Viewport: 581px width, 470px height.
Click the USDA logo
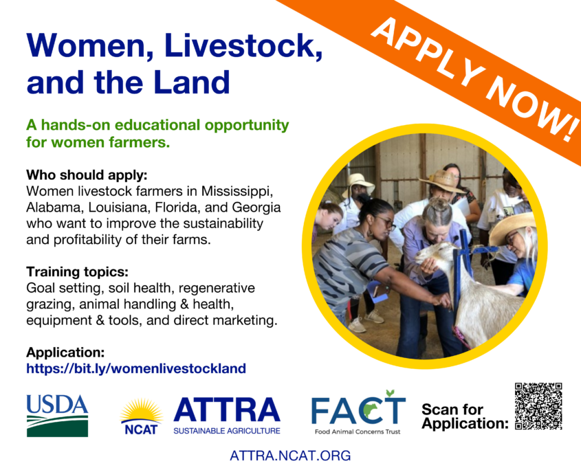click(x=58, y=416)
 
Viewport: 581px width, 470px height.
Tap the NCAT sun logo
click(x=141, y=416)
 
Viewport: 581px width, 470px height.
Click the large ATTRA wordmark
click(x=227, y=410)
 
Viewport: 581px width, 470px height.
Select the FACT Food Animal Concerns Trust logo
click(x=358, y=412)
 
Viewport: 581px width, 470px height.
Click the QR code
click(x=538, y=406)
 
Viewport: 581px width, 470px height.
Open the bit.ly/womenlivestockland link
click(x=136, y=368)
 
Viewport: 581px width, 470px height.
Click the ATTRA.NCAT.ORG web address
click(x=290, y=455)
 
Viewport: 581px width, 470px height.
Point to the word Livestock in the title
click(x=244, y=45)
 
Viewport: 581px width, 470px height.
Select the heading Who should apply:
click(x=87, y=175)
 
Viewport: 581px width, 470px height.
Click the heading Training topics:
click(x=77, y=272)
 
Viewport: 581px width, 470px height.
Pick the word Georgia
click(x=256, y=208)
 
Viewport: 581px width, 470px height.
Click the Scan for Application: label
click(x=465, y=416)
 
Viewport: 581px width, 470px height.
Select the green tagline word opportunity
click(x=247, y=125)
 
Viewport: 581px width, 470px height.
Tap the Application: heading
click(x=65, y=352)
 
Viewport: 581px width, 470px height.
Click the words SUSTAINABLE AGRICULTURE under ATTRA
click(x=227, y=431)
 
